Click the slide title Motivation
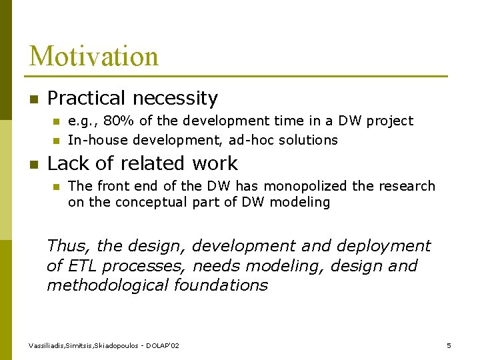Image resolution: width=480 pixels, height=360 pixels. (x=94, y=56)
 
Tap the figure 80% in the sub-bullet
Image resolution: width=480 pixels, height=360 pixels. (x=117, y=121)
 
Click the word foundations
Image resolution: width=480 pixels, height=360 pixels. (x=225, y=286)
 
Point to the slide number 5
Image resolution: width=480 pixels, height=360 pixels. (x=449, y=345)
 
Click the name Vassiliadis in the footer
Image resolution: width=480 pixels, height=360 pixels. (x=48, y=345)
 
